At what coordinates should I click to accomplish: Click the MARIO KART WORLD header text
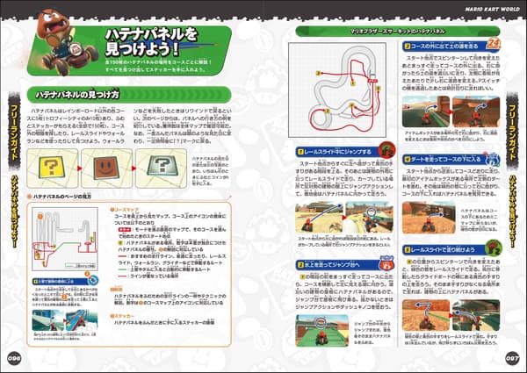pyautogui.click(x=493, y=8)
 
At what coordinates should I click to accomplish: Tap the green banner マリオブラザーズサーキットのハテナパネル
pyautogui.click(x=347, y=31)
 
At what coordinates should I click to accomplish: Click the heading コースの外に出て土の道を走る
pyautogui.click(x=437, y=45)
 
